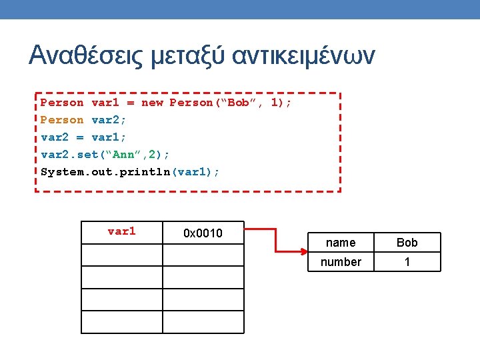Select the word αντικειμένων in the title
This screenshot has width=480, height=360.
[x=303, y=55]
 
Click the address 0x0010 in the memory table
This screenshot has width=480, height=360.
[x=203, y=233]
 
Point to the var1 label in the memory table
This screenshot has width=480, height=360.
[x=121, y=231]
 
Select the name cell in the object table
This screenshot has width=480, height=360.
[x=341, y=243]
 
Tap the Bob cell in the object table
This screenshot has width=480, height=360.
[x=407, y=243]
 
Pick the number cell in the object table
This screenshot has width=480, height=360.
[x=341, y=262]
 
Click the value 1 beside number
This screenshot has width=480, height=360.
[x=407, y=262]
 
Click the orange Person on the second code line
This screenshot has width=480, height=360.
[x=62, y=120]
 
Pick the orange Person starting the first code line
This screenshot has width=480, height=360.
[x=62, y=103]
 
